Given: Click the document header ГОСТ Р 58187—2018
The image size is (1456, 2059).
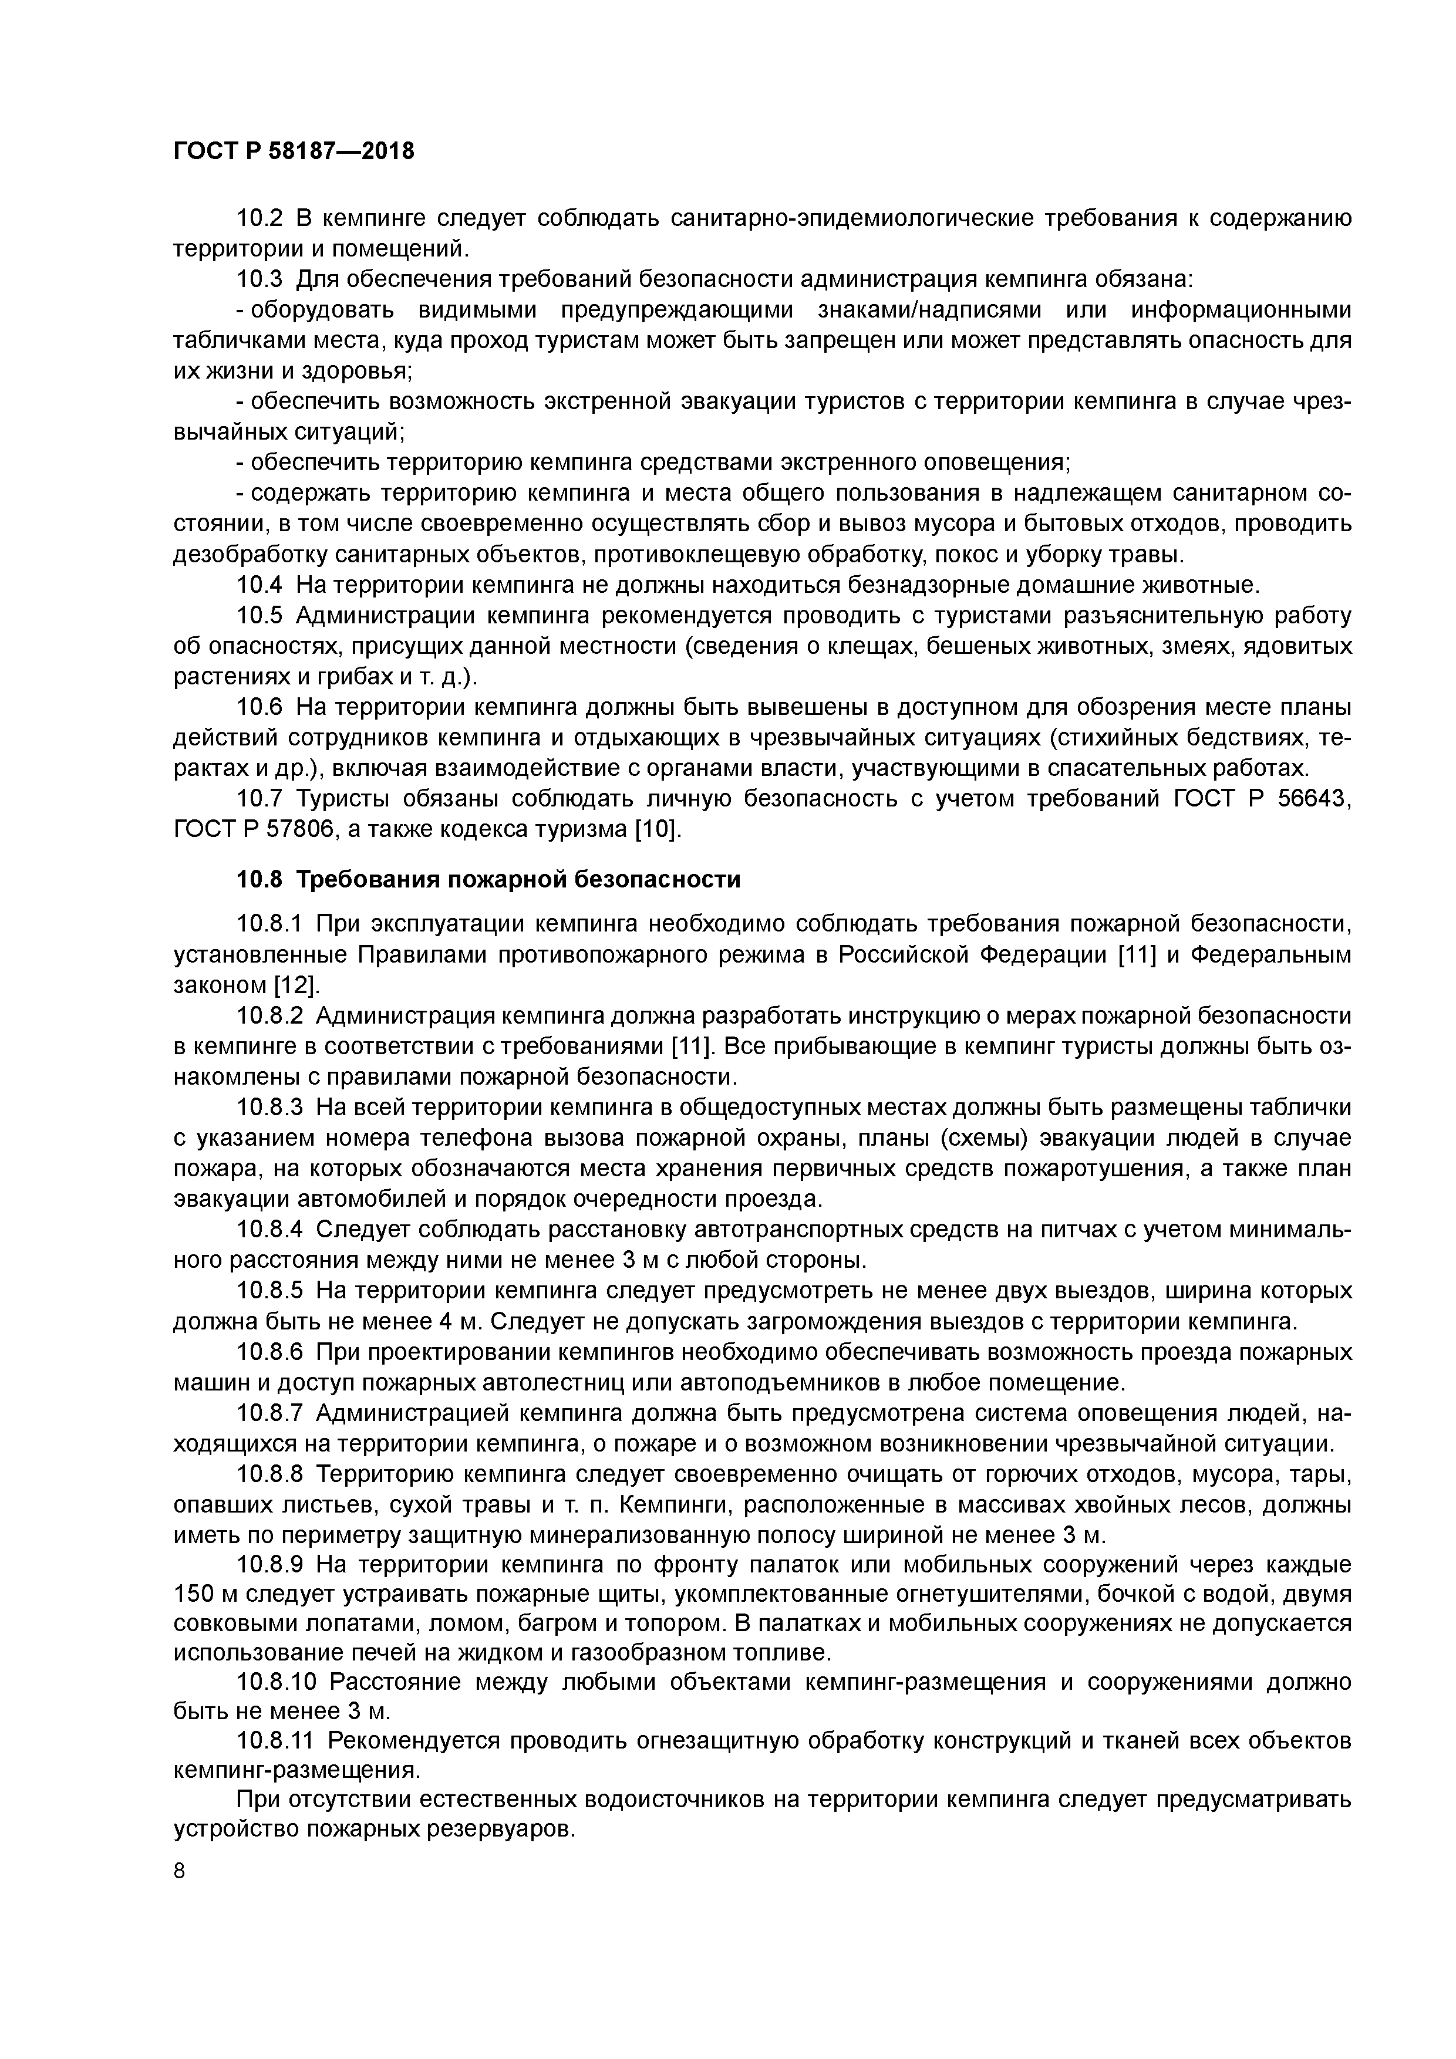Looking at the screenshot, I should pos(294,151).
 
